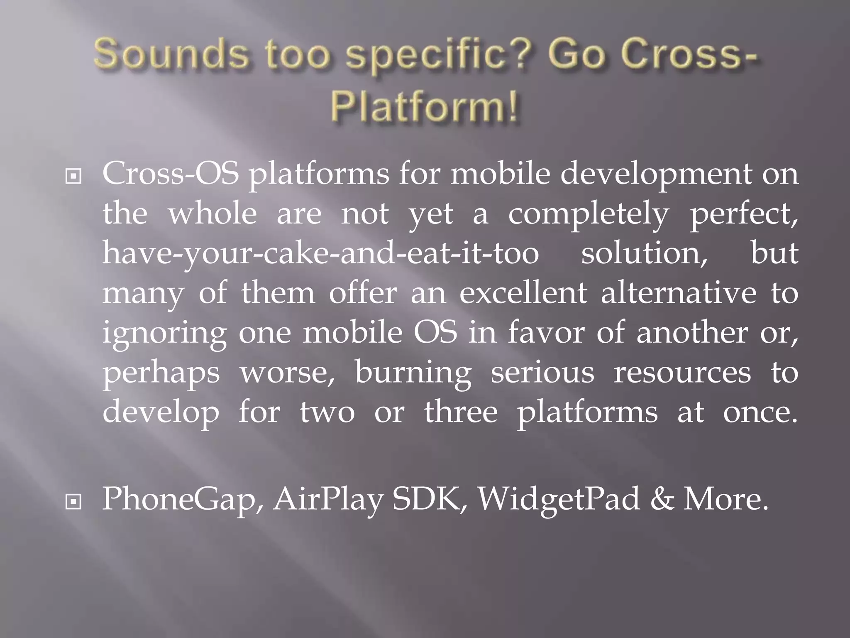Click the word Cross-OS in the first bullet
pos(171,174)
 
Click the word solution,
pos(644,253)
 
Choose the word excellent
pos(523,293)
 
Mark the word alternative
pos(679,293)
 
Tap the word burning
pos(413,373)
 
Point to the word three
pos(461,412)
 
